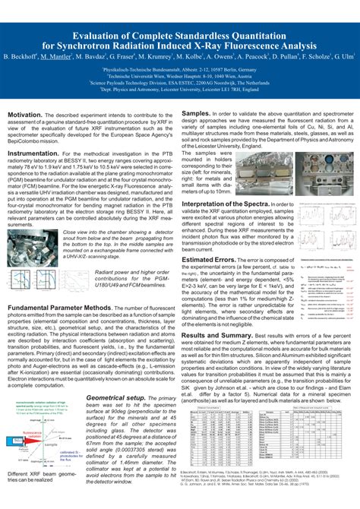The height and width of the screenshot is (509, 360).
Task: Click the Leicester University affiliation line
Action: (180, 89)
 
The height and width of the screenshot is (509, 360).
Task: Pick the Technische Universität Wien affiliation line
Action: (180, 75)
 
